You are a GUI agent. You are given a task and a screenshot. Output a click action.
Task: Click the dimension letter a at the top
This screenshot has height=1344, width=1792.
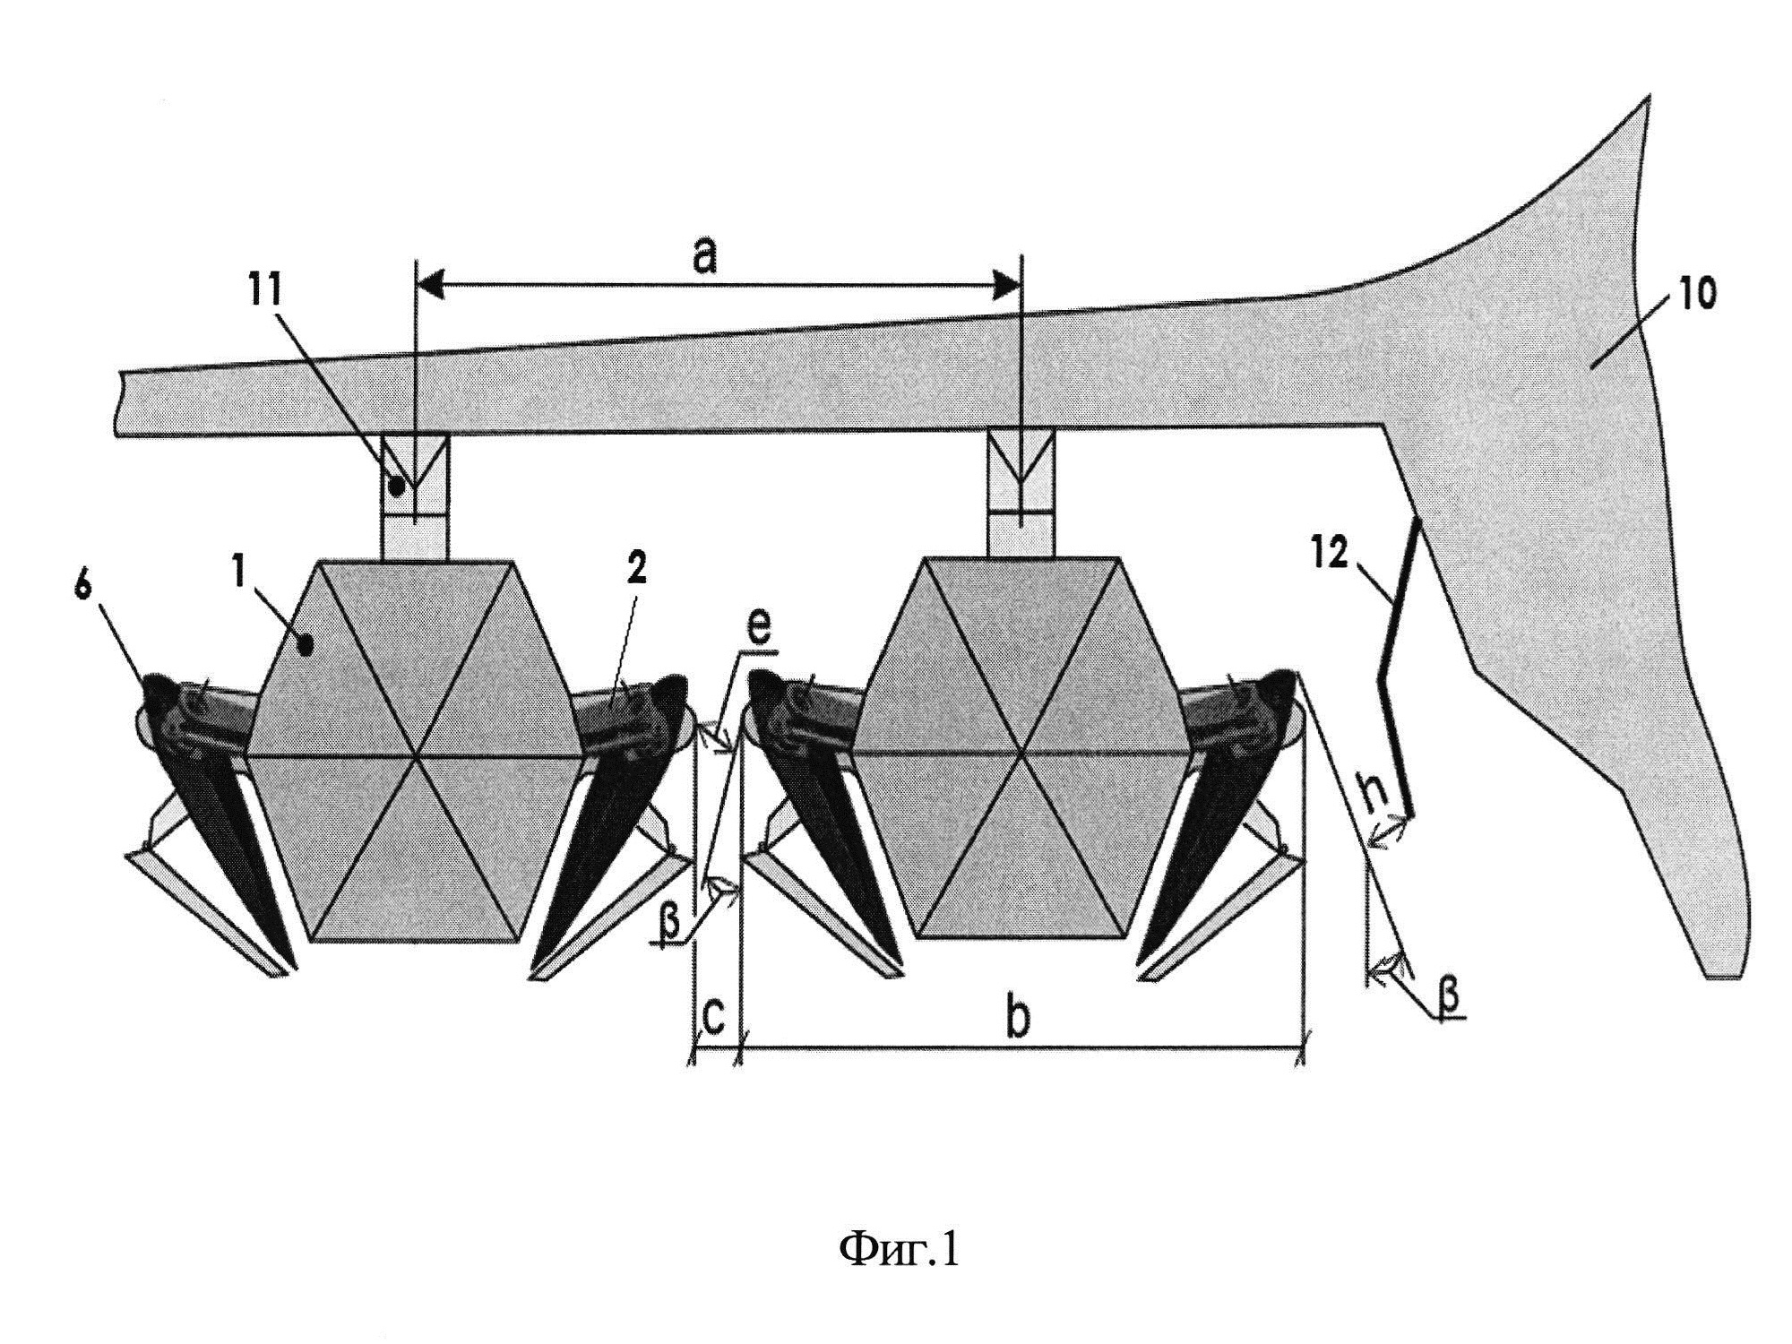tap(705, 258)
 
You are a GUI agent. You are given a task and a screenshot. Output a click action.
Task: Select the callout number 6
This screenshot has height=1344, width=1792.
tap(83, 592)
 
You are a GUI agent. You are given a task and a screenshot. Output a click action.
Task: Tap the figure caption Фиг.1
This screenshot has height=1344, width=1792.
tap(899, 1248)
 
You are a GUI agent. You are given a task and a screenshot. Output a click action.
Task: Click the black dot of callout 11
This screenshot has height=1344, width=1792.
tap(396, 487)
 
